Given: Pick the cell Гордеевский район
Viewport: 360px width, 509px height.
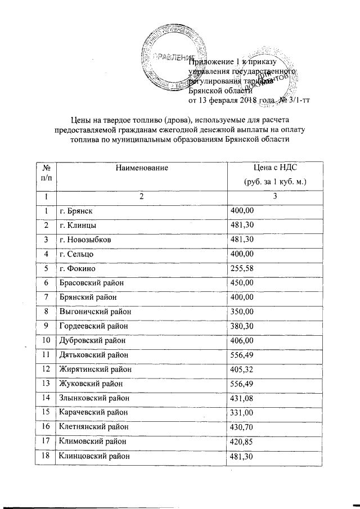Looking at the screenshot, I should [92, 326].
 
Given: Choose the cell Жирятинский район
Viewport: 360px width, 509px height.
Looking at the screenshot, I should [92, 370].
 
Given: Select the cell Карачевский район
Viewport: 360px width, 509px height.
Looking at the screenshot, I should [92, 413].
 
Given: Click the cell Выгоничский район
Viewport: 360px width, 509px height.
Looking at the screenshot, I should [92, 312].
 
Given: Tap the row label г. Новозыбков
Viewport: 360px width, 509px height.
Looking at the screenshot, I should [85, 240].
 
